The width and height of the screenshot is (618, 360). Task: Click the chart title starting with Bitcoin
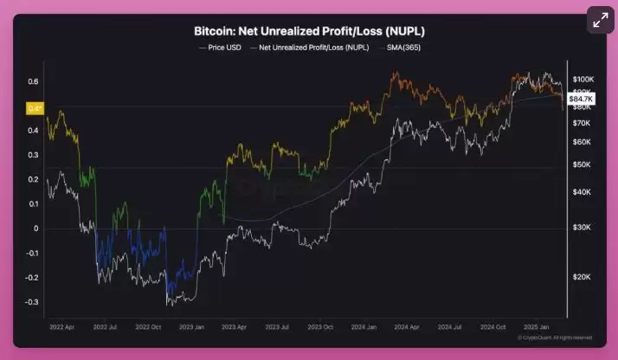(x=309, y=31)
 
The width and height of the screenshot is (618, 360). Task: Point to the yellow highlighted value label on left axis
(x=35, y=108)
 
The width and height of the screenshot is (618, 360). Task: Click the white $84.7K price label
(x=578, y=100)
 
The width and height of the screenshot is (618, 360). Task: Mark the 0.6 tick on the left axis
(x=33, y=81)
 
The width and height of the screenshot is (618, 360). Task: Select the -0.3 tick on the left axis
(x=31, y=302)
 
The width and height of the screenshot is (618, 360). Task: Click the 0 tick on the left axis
(x=36, y=228)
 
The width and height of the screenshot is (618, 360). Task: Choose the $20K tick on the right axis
(x=580, y=277)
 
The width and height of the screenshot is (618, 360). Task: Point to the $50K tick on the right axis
(x=580, y=164)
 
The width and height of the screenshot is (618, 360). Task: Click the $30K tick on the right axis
(x=580, y=227)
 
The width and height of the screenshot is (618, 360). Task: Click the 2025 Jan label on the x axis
(x=539, y=329)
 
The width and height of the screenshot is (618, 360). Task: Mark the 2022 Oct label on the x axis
(x=148, y=329)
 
